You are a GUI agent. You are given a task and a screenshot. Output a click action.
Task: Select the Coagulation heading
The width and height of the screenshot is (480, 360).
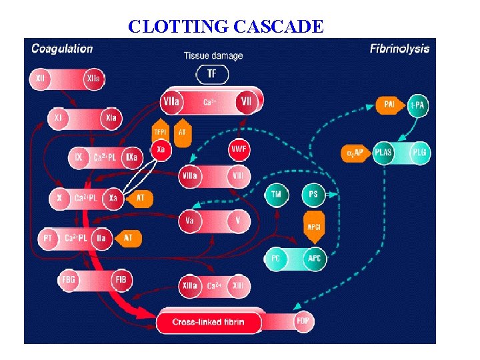click(62, 49)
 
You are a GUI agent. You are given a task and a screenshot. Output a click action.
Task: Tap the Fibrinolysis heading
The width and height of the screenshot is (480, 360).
click(399, 49)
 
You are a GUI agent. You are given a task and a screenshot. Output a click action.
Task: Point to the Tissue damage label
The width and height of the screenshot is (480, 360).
click(213, 55)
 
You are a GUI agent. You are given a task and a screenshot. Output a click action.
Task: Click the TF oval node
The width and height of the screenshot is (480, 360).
click(212, 74)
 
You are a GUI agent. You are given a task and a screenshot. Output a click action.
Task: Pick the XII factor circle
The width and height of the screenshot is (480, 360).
click(41, 79)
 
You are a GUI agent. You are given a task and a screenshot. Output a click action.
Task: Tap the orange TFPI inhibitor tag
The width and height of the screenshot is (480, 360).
click(161, 132)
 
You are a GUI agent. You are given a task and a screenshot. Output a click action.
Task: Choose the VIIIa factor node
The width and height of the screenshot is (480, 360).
click(189, 176)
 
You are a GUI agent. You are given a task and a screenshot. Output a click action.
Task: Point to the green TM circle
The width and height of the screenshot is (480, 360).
click(275, 195)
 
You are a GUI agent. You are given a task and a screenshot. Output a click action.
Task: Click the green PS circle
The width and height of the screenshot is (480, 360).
click(313, 195)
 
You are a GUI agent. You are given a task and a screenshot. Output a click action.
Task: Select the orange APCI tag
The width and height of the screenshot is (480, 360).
click(313, 226)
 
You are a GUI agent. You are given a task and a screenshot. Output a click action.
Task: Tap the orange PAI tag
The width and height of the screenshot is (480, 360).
click(389, 104)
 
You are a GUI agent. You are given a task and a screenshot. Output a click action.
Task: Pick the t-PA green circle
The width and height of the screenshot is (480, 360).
click(418, 104)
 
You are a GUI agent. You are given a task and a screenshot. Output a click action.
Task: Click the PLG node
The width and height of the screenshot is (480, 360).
click(420, 153)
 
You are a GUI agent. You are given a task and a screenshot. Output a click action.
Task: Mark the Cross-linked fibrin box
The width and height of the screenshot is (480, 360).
click(209, 323)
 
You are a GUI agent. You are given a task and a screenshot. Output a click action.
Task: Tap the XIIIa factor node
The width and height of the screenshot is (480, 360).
click(189, 286)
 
